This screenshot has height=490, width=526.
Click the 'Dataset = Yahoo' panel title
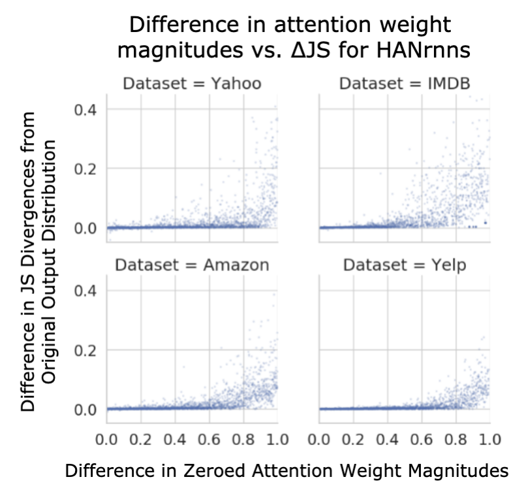[x=192, y=84]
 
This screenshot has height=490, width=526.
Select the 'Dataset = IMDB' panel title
[x=405, y=84]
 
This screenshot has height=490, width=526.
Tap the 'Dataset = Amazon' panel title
[x=192, y=265]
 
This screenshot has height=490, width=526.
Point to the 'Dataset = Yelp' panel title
[x=405, y=265]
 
